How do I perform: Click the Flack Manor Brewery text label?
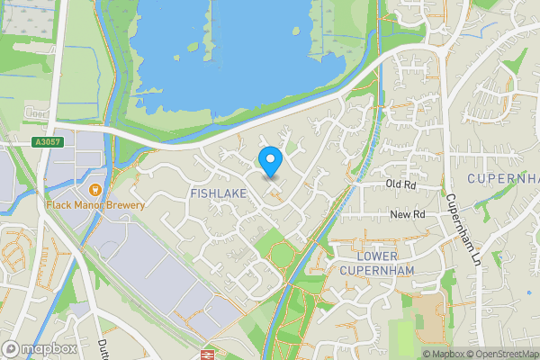(96, 205)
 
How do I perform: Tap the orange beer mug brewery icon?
(95, 190)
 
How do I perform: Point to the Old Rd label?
(400, 184)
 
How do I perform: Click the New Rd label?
(407, 214)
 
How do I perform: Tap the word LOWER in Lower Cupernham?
(364, 256)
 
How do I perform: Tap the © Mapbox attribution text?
(445, 354)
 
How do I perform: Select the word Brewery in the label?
(125, 205)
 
